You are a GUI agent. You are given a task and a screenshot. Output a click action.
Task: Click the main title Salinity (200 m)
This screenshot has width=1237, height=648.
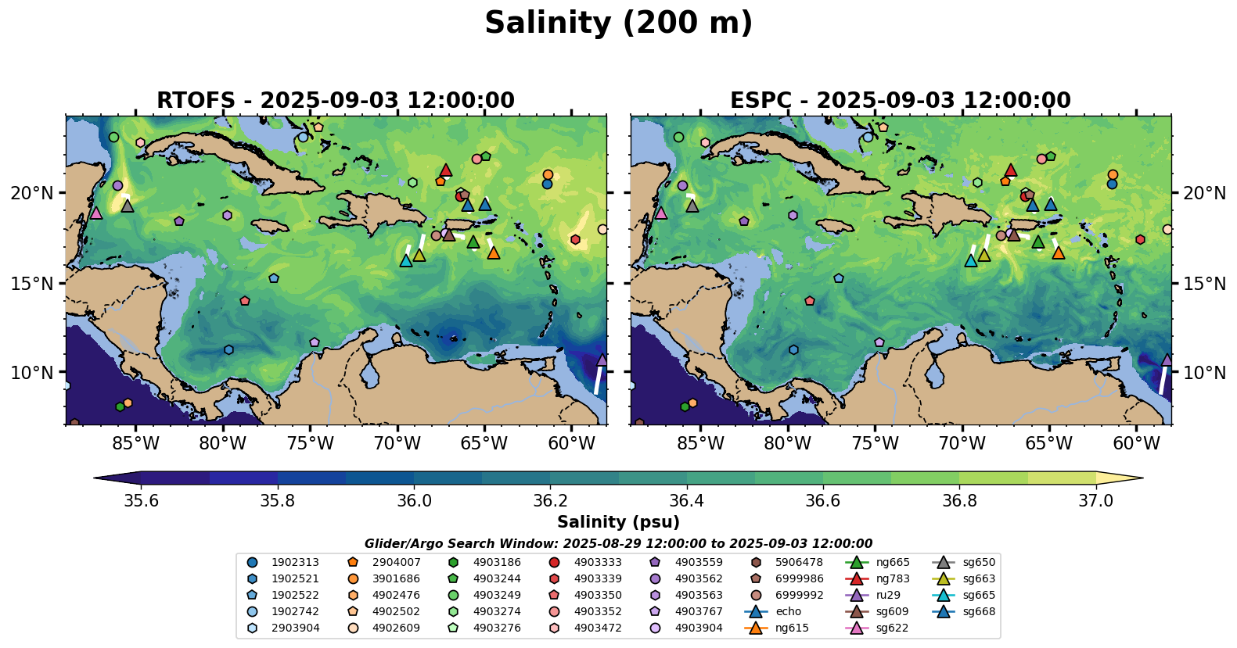(x=618, y=23)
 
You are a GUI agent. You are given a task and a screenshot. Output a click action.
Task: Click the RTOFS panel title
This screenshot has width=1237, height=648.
(x=336, y=101)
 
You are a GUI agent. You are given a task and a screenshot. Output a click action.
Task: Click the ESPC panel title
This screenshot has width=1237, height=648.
(x=900, y=101)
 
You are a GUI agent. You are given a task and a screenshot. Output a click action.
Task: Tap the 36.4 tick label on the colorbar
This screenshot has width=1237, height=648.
(x=687, y=501)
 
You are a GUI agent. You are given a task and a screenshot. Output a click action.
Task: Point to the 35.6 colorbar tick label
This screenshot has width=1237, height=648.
(x=142, y=501)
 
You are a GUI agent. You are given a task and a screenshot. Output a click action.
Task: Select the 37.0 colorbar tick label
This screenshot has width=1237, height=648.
(x=1095, y=501)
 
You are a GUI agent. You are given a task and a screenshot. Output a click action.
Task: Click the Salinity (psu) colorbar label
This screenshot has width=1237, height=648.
(x=618, y=522)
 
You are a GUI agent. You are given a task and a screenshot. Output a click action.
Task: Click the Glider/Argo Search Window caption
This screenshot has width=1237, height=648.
(x=618, y=544)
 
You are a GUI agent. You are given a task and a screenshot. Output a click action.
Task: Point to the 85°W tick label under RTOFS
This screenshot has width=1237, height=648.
(x=135, y=444)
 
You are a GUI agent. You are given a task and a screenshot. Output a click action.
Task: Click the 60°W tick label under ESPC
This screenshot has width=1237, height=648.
(x=1136, y=444)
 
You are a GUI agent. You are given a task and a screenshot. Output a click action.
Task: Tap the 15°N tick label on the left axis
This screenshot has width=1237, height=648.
(x=32, y=283)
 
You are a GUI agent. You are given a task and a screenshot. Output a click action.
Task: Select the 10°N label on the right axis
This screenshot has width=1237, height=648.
(x=1204, y=373)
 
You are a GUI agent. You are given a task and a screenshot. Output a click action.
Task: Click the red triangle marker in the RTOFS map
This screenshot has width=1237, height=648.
(x=446, y=170)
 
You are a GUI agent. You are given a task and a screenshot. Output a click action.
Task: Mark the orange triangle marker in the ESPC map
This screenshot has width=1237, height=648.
(x=1058, y=252)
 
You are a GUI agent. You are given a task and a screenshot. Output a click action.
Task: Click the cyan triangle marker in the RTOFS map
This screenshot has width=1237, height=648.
(x=406, y=260)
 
